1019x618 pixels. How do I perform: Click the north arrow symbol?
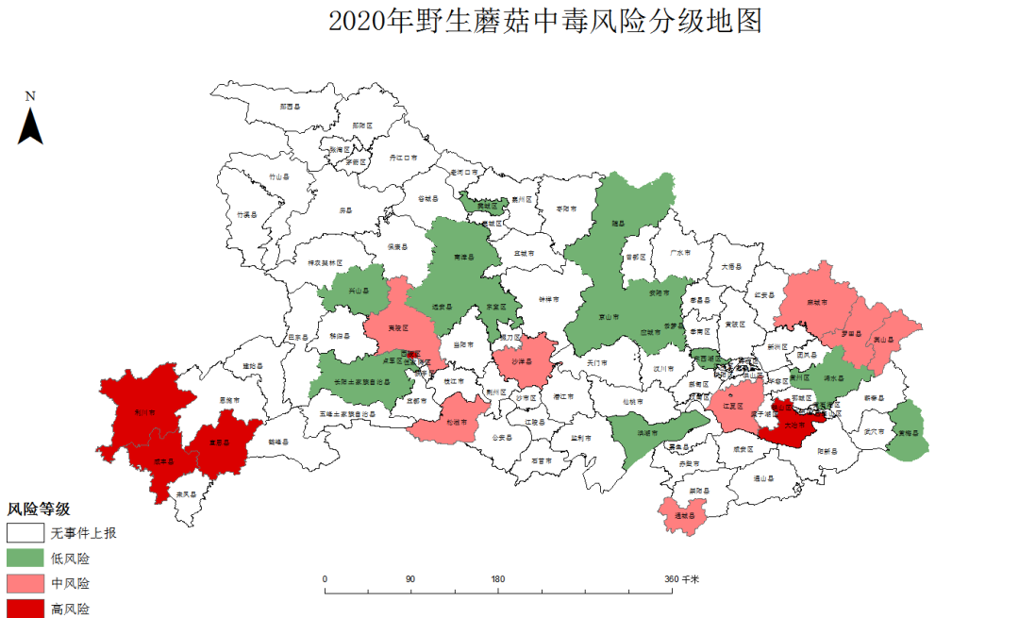pyautogui.click(x=30, y=125)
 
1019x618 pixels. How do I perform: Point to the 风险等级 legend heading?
pyautogui.click(x=39, y=509)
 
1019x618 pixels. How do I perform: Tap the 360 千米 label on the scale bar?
pyautogui.click(x=681, y=578)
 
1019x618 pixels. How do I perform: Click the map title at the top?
pyautogui.click(x=544, y=21)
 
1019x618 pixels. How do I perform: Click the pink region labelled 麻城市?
pyautogui.click(x=817, y=303)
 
